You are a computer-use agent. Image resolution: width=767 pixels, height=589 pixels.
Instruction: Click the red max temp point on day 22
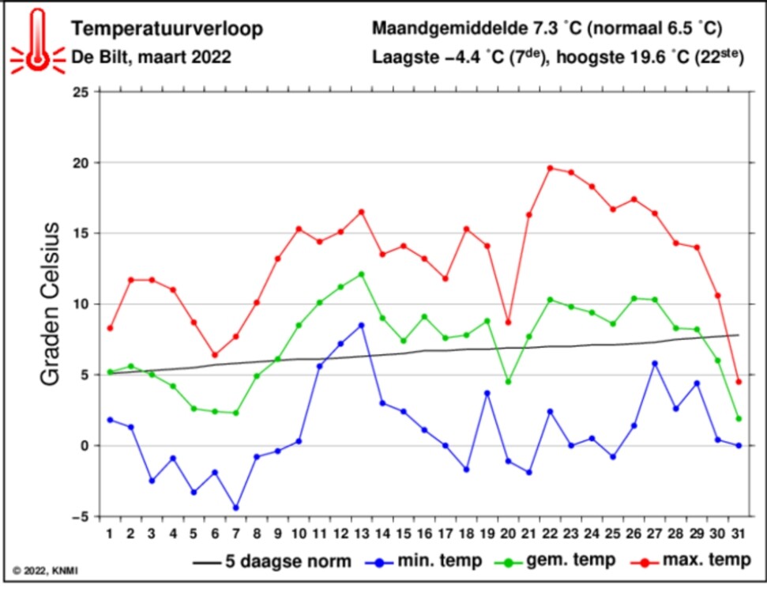tap(550, 168)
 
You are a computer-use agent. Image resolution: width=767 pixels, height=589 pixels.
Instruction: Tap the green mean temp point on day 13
tap(361, 274)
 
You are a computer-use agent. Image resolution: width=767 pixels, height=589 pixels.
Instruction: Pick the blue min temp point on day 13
tap(361, 325)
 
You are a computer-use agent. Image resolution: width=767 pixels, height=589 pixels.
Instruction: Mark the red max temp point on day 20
tap(508, 323)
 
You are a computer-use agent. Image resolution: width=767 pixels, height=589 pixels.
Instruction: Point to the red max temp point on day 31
tap(739, 382)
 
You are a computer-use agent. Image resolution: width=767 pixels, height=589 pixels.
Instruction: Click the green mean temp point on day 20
tap(508, 382)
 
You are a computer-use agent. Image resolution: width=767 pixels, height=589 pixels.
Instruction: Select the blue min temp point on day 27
tap(655, 364)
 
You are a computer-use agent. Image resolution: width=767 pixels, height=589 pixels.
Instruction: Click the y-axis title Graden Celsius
tap(50, 304)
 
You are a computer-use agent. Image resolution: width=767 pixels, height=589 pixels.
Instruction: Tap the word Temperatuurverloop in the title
tap(167, 29)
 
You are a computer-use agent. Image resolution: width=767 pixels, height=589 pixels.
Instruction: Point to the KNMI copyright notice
tap(45, 569)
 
